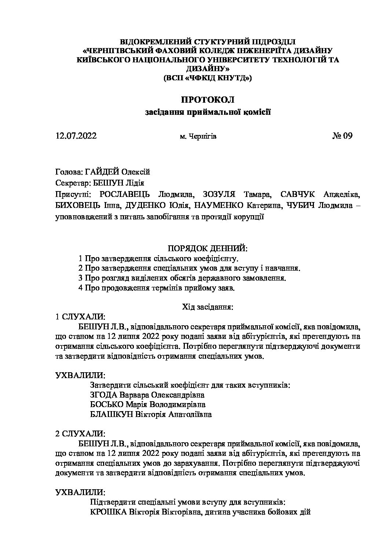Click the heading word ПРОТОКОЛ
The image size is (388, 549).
pyautogui.click(x=207, y=100)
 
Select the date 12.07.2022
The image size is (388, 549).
pyautogui.click(x=76, y=136)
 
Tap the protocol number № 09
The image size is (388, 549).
pyautogui.click(x=342, y=136)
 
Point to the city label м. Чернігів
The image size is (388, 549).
pyautogui.click(x=198, y=137)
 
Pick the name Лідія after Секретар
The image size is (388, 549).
pyautogui.click(x=135, y=183)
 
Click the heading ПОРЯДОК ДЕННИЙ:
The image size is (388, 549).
pyautogui.click(x=207, y=249)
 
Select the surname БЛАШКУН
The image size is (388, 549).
pyautogui.click(x=109, y=415)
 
